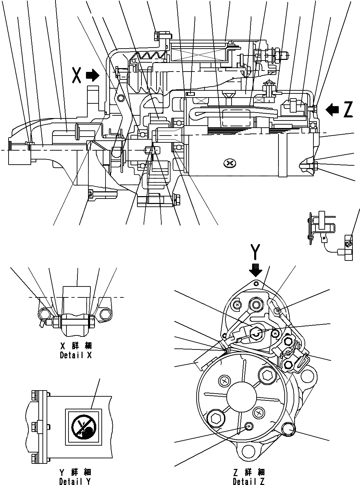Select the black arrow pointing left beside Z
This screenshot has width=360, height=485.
point(332,110)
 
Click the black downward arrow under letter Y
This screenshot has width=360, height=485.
point(256,270)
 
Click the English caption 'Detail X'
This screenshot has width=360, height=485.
point(76,355)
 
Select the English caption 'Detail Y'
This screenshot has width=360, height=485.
point(75,482)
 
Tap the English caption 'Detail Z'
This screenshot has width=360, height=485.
point(248,482)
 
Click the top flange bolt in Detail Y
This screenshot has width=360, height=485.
point(34,395)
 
